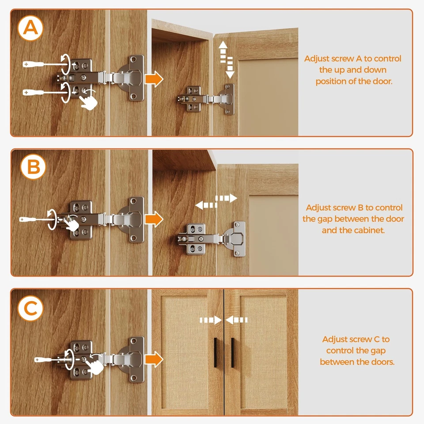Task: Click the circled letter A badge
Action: click(30, 28)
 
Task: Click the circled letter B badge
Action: click(34, 167)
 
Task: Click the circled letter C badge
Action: click(30, 308)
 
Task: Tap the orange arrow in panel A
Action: click(154, 79)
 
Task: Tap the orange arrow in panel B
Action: click(154, 219)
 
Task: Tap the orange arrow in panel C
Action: click(154, 360)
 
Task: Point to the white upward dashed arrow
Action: click(223, 52)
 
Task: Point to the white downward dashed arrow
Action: click(230, 68)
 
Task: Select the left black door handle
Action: click(216, 352)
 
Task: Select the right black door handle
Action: click(233, 352)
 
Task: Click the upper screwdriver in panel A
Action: click(45, 64)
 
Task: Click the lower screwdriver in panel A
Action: click(45, 92)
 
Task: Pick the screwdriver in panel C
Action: click(50, 360)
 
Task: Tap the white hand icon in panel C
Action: click(95, 366)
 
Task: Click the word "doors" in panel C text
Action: click(382, 362)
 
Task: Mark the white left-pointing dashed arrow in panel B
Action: click(206, 205)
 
